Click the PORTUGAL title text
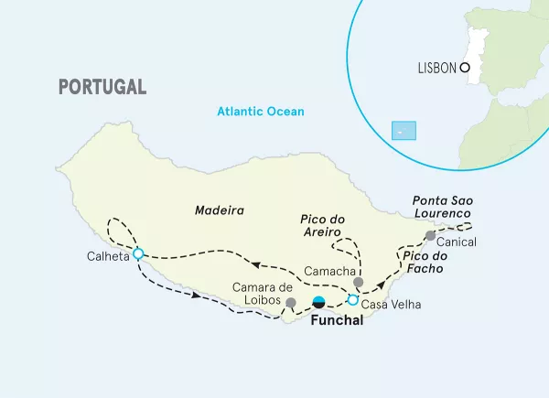pos(102,87)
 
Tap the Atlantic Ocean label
pos(260,112)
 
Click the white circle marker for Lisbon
pos(465,68)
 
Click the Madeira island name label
pos(220,210)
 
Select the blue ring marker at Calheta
pos(138,254)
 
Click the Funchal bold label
pos(337,321)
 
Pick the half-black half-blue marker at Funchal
pos(318,302)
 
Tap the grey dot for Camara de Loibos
pos(291,302)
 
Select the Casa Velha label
pos(392,304)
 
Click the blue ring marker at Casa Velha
pos(353,299)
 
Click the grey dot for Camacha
pos(359,283)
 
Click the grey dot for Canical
pos(430,236)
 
